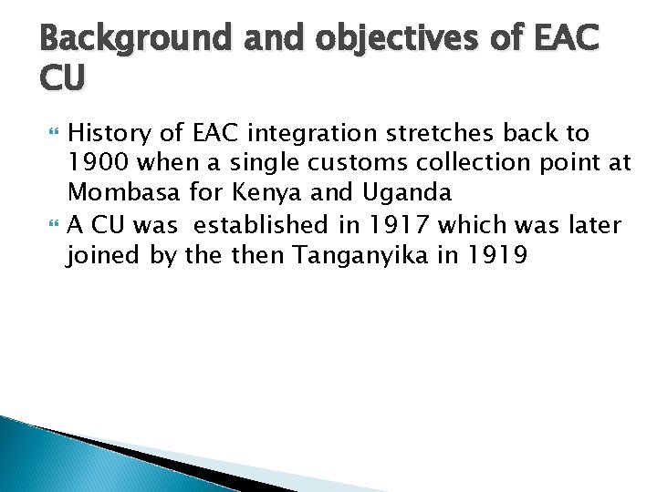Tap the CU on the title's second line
point(63,79)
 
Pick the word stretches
point(437,134)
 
